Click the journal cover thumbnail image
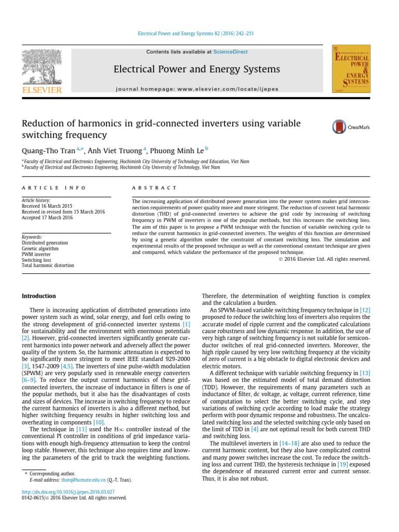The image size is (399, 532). tap(351, 69)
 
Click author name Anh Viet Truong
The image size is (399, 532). tap(115, 150)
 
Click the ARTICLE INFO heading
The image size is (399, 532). tap(54, 188)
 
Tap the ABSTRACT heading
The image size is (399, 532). tap(154, 188)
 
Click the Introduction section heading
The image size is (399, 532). tap(38, 296)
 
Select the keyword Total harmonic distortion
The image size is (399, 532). tap(48, 265)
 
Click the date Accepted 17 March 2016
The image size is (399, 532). tap(47, 218)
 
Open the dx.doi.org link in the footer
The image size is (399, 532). tap(68, 491)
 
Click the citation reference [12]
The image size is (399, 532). tap(365, 310)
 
